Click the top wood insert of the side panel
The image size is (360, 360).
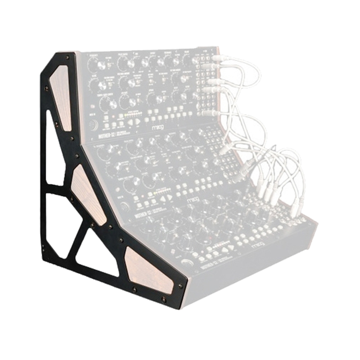(61, 97)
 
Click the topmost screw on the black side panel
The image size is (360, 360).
(67, 58)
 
